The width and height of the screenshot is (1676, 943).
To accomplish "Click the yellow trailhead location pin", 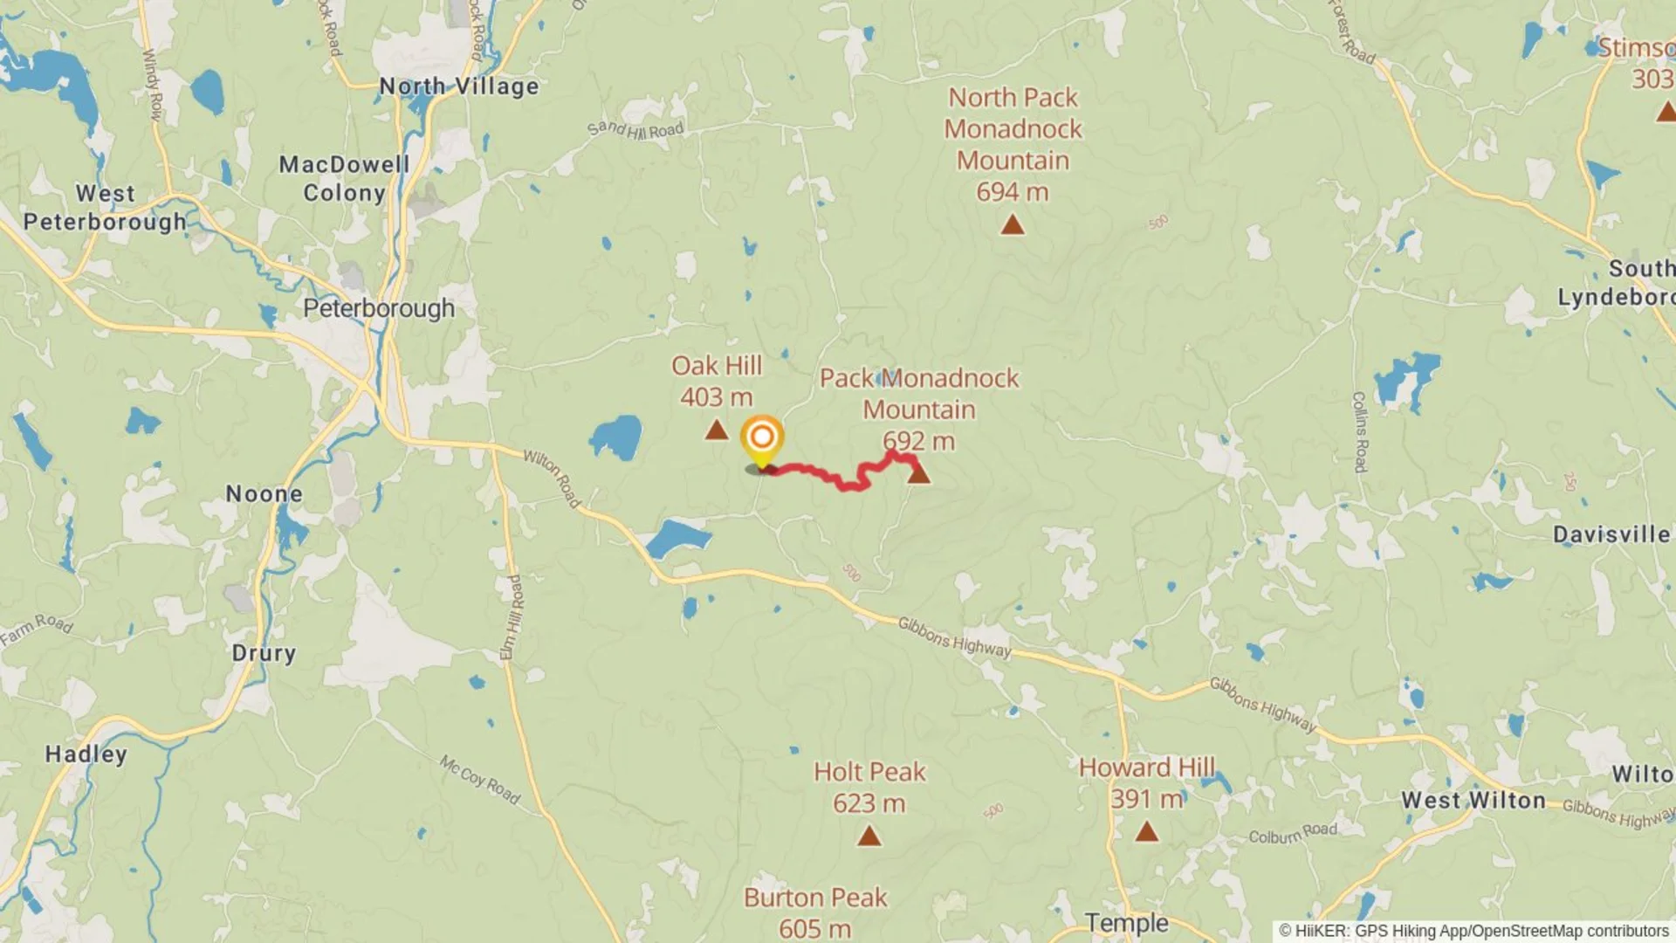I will pos(761,440).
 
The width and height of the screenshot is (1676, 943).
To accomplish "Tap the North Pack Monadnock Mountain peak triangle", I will pos(1012,225).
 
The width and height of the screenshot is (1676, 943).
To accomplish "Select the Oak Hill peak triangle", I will pos(717,430).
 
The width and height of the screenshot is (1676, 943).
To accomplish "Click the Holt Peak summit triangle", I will pos(869,836).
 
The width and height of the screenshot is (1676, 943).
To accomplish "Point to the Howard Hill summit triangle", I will pos(1146,831).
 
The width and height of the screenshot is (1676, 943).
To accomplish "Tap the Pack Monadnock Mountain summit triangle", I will pos(918,474).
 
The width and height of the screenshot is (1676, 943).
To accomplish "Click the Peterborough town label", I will pos(379,308).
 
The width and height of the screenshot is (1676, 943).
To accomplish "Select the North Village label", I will pos(459,86).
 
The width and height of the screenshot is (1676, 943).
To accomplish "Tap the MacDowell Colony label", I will pos(344,178).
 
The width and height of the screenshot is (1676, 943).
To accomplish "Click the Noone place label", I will pos(264,494).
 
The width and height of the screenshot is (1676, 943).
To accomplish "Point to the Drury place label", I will pos(264,653).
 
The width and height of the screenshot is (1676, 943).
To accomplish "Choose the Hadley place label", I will pos(86,754).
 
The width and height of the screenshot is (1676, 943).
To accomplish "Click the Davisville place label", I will pos(1611,534).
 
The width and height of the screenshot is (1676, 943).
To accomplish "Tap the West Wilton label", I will pos(1473,800).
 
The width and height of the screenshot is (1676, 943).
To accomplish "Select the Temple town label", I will pos(1126,923).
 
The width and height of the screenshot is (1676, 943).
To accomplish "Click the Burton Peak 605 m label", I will pos(815,912).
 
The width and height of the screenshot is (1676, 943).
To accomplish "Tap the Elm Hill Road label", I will pos(512,617).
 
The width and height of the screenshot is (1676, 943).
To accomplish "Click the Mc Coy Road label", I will pos(480,780).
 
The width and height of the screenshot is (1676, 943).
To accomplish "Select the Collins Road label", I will pos(1359,432).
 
